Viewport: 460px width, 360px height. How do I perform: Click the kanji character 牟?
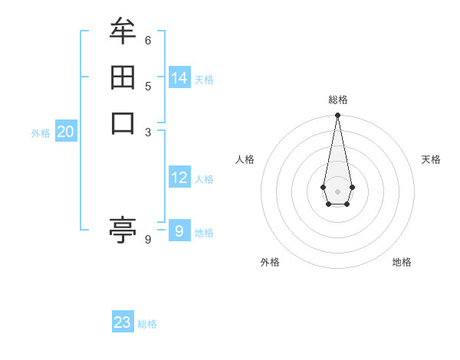pyautogui.click(x=123, y=31)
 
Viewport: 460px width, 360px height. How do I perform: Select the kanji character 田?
pyautogui.click(x=123, y=77)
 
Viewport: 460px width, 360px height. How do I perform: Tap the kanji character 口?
pyautogui.click(x=123, y=123)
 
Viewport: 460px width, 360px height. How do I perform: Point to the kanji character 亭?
pyautogui.click(x=123, y=229)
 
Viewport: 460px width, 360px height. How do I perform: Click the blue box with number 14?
pyautogui.click(x=179, y=78)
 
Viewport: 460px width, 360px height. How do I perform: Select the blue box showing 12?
pyautogui.click(x=179, y=178)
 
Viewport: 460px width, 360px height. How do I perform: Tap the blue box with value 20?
pyautogui.click(x=66, y=133)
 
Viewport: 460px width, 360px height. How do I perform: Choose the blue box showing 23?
pyautogui.click(x=123, y=322)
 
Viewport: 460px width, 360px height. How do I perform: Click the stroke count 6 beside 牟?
pyautogui.click(x=148, y=40)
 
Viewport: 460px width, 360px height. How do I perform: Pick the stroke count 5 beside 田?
pyautogui.click(x=148, y=86)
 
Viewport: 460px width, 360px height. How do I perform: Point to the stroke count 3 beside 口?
pyautogui.click(x=148, y=132)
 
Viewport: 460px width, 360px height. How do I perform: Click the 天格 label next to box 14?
pyautogui.click(x=204, y=80)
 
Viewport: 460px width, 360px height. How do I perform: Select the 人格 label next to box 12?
pyautogui.click(x=204, y=179)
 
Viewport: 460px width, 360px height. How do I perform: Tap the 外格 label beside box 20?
pyautogui.click(x=41, y=133)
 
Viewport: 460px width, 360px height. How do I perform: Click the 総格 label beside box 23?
pyautogui.click(x=147, y=324)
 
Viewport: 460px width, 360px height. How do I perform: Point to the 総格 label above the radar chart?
pyautogui.click(x=338, y=100)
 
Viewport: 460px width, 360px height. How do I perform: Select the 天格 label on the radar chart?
pyautogui.click(x=431, y=159)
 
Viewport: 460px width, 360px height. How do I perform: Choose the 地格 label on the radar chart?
pyautogui.click(x=402, y=262)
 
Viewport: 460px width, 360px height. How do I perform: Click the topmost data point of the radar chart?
pyautogui.click(x=337, y=116)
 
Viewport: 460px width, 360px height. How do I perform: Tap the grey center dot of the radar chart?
pyautogui.click(x=337, y=191)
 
